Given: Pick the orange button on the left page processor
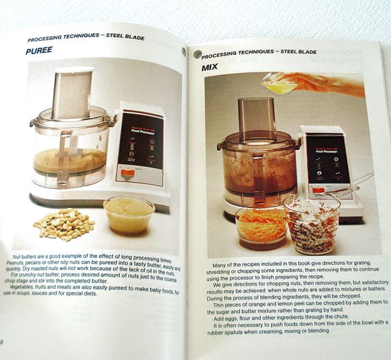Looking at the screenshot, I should (129, 173).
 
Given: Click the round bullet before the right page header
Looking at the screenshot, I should (197, 55).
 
